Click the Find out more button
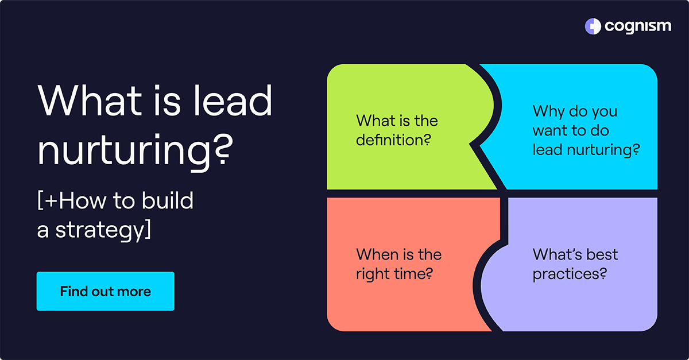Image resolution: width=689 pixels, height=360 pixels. tap(105, 291)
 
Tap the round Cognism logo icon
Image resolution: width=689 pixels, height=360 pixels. tap(593, 26)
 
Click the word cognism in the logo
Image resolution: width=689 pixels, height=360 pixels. tap(637, 26)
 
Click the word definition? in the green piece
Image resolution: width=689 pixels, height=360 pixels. tap(393, 139)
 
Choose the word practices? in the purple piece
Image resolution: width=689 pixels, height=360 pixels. tap(570, 274)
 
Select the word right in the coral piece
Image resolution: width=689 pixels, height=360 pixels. tap(373, 274)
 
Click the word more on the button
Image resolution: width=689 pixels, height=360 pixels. tap(136, 291)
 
